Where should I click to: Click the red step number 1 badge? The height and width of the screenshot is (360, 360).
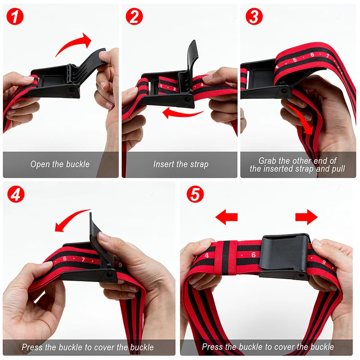pos(16,17)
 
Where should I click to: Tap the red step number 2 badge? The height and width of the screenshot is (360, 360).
pos(135,17)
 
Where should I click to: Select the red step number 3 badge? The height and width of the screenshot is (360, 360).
pos(254,17)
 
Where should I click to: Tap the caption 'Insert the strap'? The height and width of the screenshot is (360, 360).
pos(180,164)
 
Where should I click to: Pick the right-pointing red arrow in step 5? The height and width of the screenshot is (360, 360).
pos(306,218)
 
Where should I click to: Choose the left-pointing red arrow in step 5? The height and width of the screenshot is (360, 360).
pos(226,218)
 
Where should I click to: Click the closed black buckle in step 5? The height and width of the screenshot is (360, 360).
pos(284,256)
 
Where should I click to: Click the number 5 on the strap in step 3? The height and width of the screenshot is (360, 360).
pos(295,60)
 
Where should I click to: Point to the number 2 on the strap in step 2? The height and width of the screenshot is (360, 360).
pos(173,89)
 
